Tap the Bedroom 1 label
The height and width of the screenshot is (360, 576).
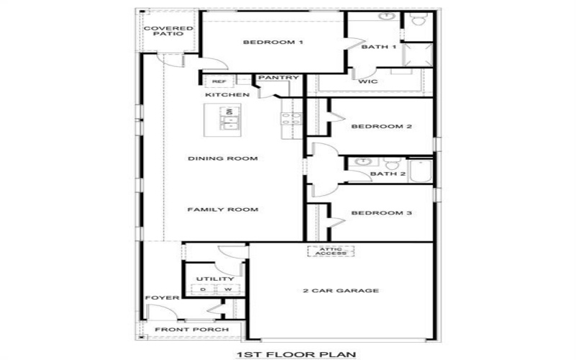click(x=273, y=42)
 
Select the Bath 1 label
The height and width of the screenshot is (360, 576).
click(x=379, y=47)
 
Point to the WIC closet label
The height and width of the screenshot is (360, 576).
click(x=368, y=81)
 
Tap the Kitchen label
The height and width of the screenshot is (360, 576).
click(x=228, y=95)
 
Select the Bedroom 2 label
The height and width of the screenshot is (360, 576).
click(x=381, y=127)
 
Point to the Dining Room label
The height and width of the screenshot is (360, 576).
click(x=222, y=158)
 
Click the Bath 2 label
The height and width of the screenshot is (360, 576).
click(x=388, y=174)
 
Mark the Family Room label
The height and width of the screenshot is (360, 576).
click(x=222, y=210)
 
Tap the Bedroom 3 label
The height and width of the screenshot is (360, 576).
click(x=381, y=213)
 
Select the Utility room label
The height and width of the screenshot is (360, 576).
click(x=215, y=279)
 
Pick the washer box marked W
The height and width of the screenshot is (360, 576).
click(x=227, y=289)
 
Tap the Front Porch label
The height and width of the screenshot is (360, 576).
click(x=192, y=330)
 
